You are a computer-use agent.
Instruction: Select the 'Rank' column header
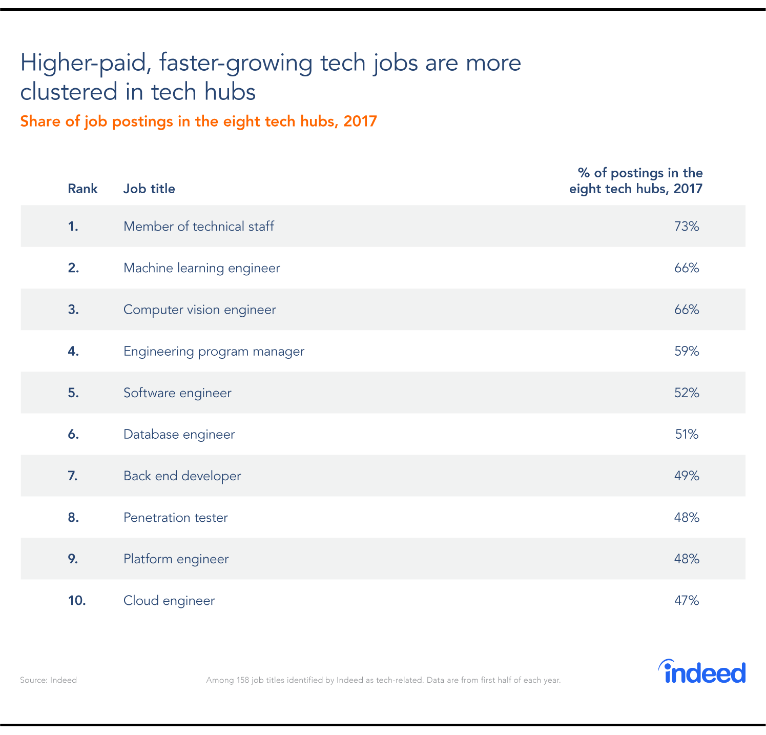(82, 189)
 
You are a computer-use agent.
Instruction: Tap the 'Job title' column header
(149, 189)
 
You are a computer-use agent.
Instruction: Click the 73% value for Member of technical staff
(686, 226)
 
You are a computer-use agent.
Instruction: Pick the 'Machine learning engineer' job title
(201, 268)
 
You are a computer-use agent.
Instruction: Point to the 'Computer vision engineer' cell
(199, 310)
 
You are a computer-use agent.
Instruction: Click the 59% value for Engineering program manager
(686, 351)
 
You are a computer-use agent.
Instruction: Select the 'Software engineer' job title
(177, 393)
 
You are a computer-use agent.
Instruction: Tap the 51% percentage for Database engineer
(686, 434)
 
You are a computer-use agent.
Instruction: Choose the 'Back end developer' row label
(182, 476)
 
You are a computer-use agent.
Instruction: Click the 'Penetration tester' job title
(175, 517)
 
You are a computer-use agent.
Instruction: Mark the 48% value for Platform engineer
(686, 559)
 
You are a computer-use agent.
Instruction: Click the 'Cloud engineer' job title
(169, 600)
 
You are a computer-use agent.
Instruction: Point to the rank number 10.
(76, 600)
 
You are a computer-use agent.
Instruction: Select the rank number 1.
(73, 226)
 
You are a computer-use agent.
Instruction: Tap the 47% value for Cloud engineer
(686, 600)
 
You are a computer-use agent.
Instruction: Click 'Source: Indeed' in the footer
(48, 680)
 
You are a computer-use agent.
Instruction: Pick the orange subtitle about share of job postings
(198, 121)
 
